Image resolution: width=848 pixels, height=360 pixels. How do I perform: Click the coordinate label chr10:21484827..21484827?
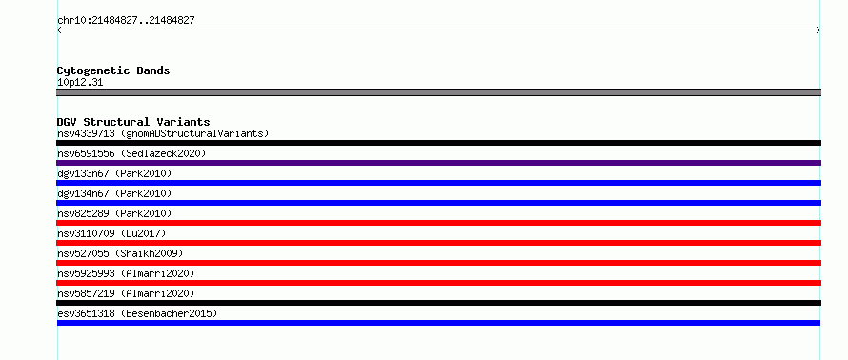(x=126, y=21)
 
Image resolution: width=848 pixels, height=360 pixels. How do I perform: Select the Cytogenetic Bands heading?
(x=113, y=70)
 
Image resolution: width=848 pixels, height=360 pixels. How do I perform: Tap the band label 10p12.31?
(x=80, y=83)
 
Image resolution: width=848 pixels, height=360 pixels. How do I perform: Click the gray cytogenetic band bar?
(x=438, y=92)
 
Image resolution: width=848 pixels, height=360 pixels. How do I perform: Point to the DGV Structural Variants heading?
(x=133, y=122)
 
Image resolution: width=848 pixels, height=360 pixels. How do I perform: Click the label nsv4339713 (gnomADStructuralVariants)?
(x=163, y=133)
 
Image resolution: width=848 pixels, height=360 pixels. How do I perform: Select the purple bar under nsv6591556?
(x=438, y=163)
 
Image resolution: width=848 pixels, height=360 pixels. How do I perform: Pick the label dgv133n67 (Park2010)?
(x=114, y=173)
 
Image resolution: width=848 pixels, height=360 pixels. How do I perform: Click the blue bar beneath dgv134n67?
(x=438, y=203)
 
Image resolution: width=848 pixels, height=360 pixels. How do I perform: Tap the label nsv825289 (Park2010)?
(x=114, y=213)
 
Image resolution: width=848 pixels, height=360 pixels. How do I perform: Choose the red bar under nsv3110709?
(x=438, y=243)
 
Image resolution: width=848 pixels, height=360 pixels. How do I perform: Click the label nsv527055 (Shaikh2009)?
(x=120, y=253)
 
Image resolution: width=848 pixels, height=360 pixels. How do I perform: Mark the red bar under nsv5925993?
(x=438, y=283)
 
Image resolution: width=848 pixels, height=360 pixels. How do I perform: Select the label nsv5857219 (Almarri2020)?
(x=126, y=293)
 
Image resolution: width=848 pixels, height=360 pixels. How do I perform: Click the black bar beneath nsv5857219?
(x=438, y=303)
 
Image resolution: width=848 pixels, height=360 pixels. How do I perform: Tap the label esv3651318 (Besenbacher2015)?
(x=137, y=313)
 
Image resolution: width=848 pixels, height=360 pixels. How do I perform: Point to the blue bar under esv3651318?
(x=438, y=323)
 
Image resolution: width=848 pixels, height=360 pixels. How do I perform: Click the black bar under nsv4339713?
(x=438, y=143)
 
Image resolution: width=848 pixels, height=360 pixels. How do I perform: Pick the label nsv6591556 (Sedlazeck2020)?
(x=131, y=153)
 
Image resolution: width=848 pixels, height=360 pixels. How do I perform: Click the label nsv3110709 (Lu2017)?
(x=111, y=233)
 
